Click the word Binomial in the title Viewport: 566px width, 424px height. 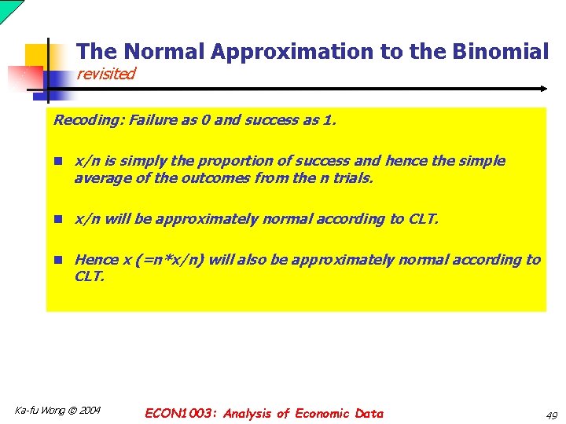pyautogui.click(x=500, y=52)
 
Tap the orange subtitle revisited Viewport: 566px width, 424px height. pyautogui.click(x=105, y=74)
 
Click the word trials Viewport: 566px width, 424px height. pyautogui.click(x=351, y=177)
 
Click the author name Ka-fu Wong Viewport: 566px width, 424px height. pyautogui.click(x=39, y=410)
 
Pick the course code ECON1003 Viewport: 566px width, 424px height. pyautogui.click(x=181, y=413)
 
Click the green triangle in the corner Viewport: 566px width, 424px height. pyautogui.click(x=8, y=8)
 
